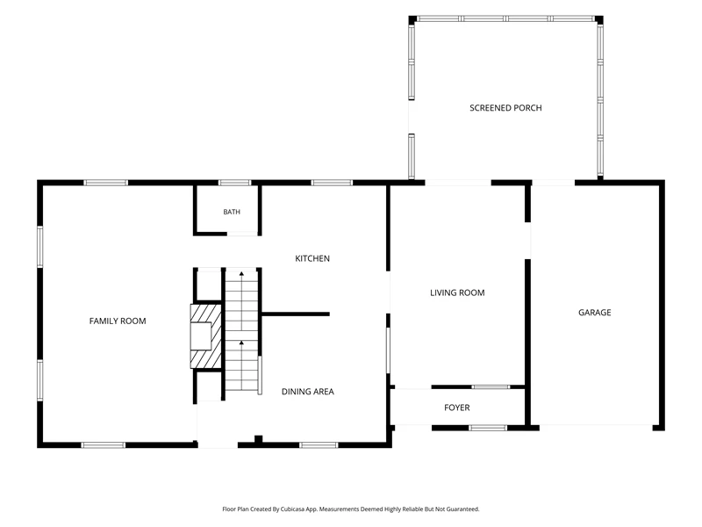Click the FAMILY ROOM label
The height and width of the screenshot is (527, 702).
point(118,321)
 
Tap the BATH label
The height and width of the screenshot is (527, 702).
point(232,212)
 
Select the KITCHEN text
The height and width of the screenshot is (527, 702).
point(312,258)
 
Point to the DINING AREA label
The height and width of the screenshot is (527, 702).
point(308,392)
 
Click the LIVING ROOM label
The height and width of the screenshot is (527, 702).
point(457,293)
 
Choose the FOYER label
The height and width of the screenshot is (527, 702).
point(456,408)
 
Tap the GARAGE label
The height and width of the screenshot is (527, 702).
point(595,313)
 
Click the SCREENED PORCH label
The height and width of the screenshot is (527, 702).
point(505,108)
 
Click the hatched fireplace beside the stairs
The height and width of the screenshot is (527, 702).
point(206,336)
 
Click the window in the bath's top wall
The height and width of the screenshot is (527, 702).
point(234,183)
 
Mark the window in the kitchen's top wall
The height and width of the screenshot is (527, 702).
point(332,183)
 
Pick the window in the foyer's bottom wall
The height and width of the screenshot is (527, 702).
point(488,428)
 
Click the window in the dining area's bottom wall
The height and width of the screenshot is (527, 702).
point(319,445)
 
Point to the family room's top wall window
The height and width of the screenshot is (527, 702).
point(105,183)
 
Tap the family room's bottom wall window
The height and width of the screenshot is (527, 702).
point(104,445)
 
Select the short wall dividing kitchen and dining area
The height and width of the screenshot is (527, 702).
point(296,314)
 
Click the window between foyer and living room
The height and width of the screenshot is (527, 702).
point(491,386)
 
